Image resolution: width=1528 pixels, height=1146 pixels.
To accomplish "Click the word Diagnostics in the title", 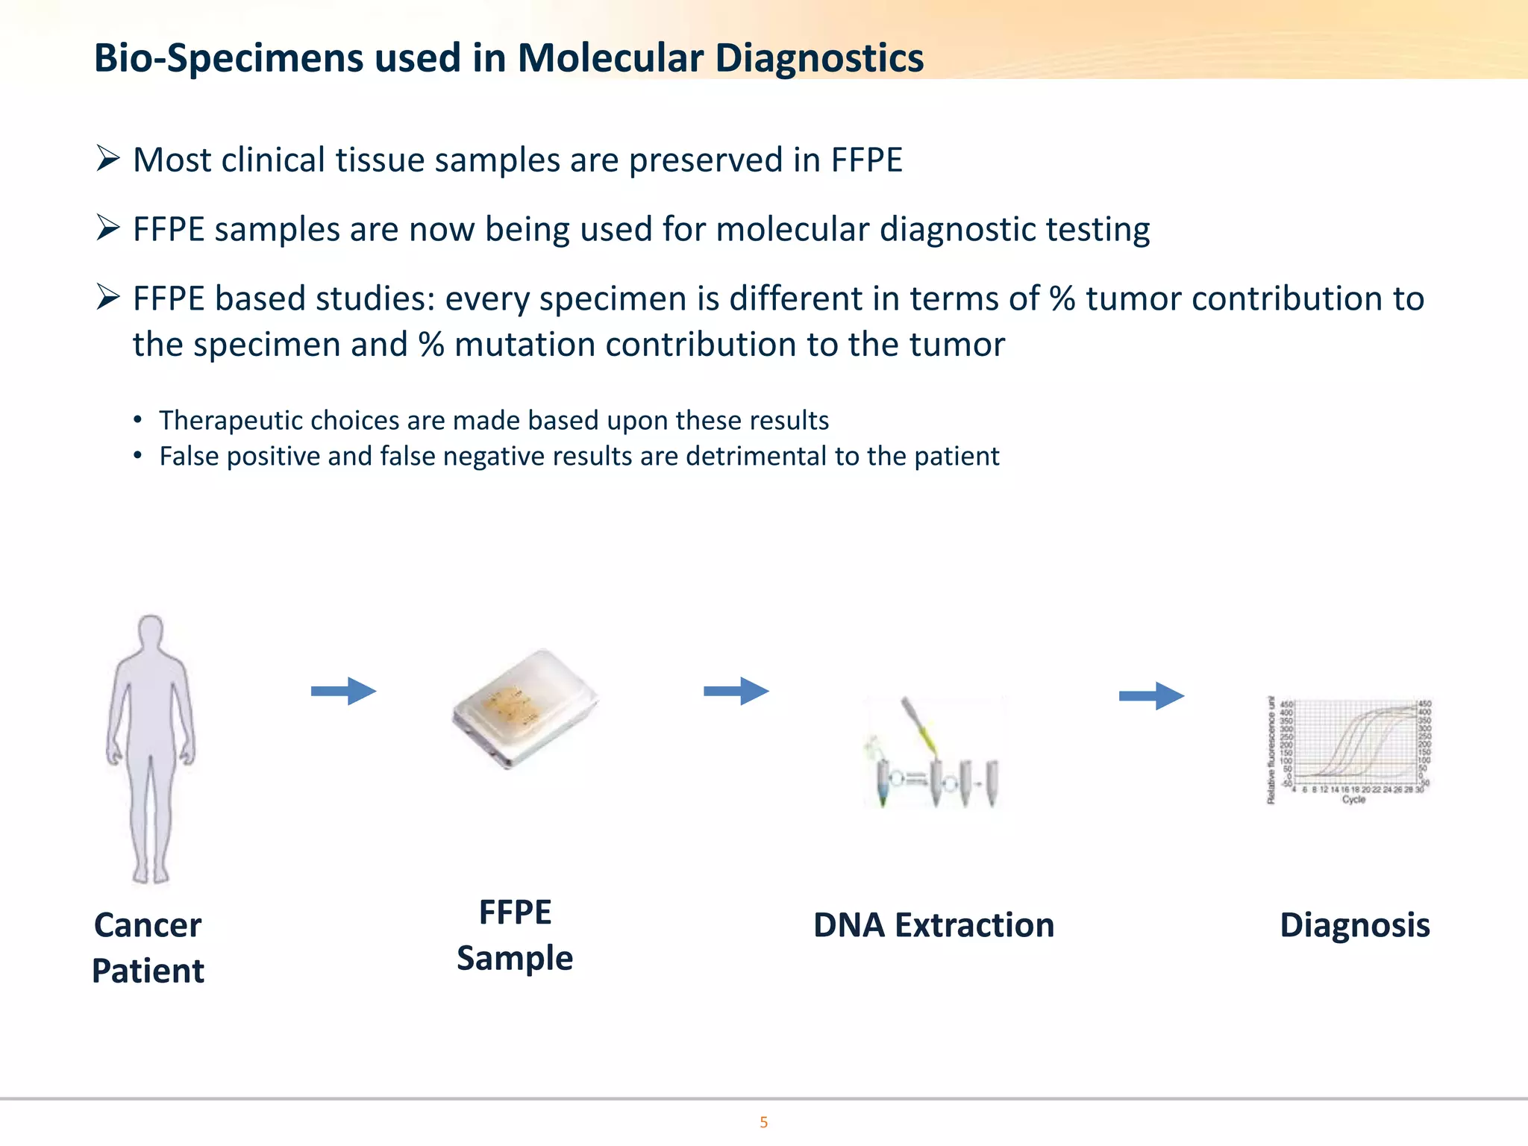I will [818, 58].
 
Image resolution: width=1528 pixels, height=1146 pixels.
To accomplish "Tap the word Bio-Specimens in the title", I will [228, 58].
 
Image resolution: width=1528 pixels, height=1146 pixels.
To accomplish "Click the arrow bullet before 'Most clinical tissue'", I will [108, 159].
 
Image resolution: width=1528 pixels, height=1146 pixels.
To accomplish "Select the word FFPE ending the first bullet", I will [866, 160].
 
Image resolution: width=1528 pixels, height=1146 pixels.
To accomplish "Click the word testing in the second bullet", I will [1098, 229].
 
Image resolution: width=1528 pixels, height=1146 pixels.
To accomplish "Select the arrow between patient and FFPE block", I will [343, 691].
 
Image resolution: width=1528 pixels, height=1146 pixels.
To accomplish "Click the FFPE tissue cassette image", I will [525, 707].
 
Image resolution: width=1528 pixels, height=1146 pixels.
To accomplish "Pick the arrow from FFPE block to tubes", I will [736, 691].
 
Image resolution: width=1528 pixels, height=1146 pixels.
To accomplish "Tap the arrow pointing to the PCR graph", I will [1151, 696].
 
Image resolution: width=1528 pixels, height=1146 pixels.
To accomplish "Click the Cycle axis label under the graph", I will [1353, 799].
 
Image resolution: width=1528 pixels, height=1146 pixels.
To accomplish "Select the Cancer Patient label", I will [148, 948].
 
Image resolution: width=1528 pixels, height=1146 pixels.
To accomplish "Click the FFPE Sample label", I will [515, 935].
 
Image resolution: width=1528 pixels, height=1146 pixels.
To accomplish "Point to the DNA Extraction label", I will [933, 925].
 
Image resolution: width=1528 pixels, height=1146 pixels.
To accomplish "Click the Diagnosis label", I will [1354, 925].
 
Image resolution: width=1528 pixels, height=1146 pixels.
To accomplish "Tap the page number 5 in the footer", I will [763, 1122].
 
